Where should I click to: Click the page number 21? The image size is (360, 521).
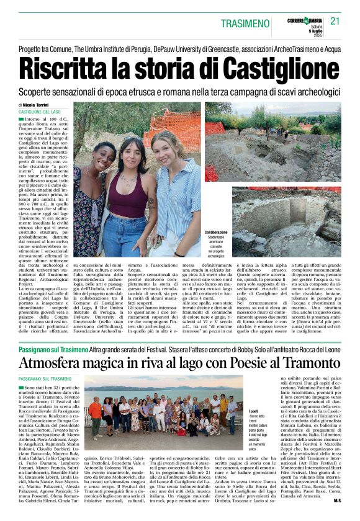click(x=336, y=20)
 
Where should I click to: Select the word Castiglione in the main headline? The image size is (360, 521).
click(x=277, y=66)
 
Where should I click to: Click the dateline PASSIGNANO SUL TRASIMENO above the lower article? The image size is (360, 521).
click(x=45, y=378)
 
